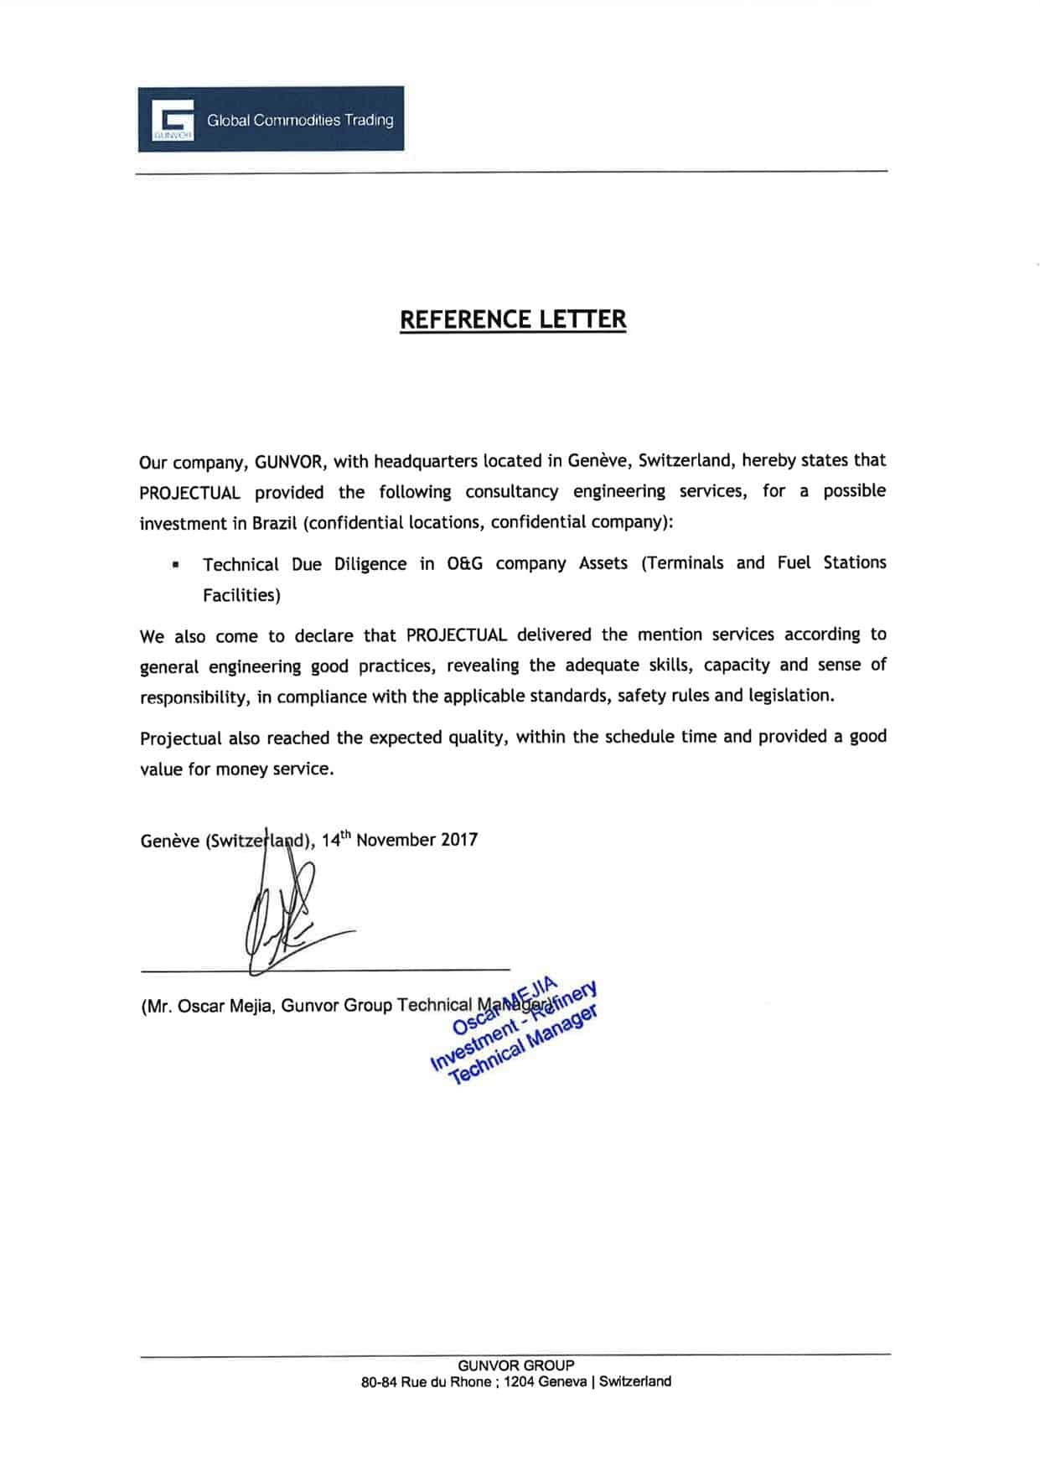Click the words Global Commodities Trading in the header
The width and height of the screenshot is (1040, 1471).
coord(300,120)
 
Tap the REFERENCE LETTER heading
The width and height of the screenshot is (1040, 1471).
coord(513,319)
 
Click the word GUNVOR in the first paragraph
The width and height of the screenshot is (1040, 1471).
coord(288,462)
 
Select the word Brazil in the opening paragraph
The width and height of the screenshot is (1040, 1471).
coord(275,523)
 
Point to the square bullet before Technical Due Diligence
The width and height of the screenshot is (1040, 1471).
coord(175,565)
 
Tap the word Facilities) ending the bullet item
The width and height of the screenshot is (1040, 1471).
coord(241,595)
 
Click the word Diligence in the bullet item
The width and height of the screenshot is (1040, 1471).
coord(370,564)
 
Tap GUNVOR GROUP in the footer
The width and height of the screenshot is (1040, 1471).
coord(516,1365)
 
